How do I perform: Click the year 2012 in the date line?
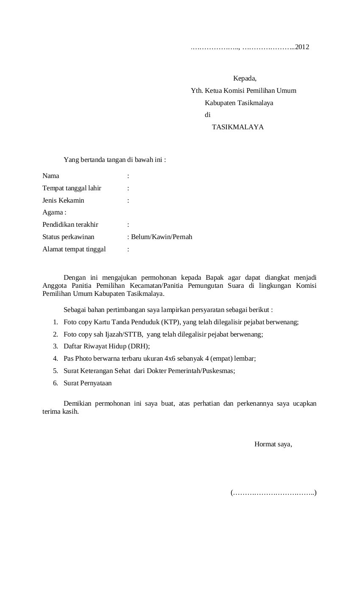coord(302,47)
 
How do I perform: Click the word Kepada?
coord(245,78)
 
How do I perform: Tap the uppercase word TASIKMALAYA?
coord(237,127)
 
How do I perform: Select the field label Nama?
coord(51,176)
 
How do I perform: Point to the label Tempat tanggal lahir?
coord(72,188)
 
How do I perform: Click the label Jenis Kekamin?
coord(63,200)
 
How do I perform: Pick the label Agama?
coord(53,212)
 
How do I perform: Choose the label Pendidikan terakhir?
coord(70,225)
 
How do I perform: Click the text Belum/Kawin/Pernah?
coord(162,237)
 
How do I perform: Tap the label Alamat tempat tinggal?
coord(74,249)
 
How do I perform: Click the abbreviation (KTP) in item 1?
coord(171,322)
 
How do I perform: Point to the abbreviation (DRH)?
coord(138,346)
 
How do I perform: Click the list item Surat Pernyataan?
coord(87,383)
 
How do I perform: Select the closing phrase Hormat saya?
coord(273,444)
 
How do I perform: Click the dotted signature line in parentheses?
coord(273,493)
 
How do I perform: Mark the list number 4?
coord(55,359)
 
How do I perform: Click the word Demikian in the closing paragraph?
coord(77,404)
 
